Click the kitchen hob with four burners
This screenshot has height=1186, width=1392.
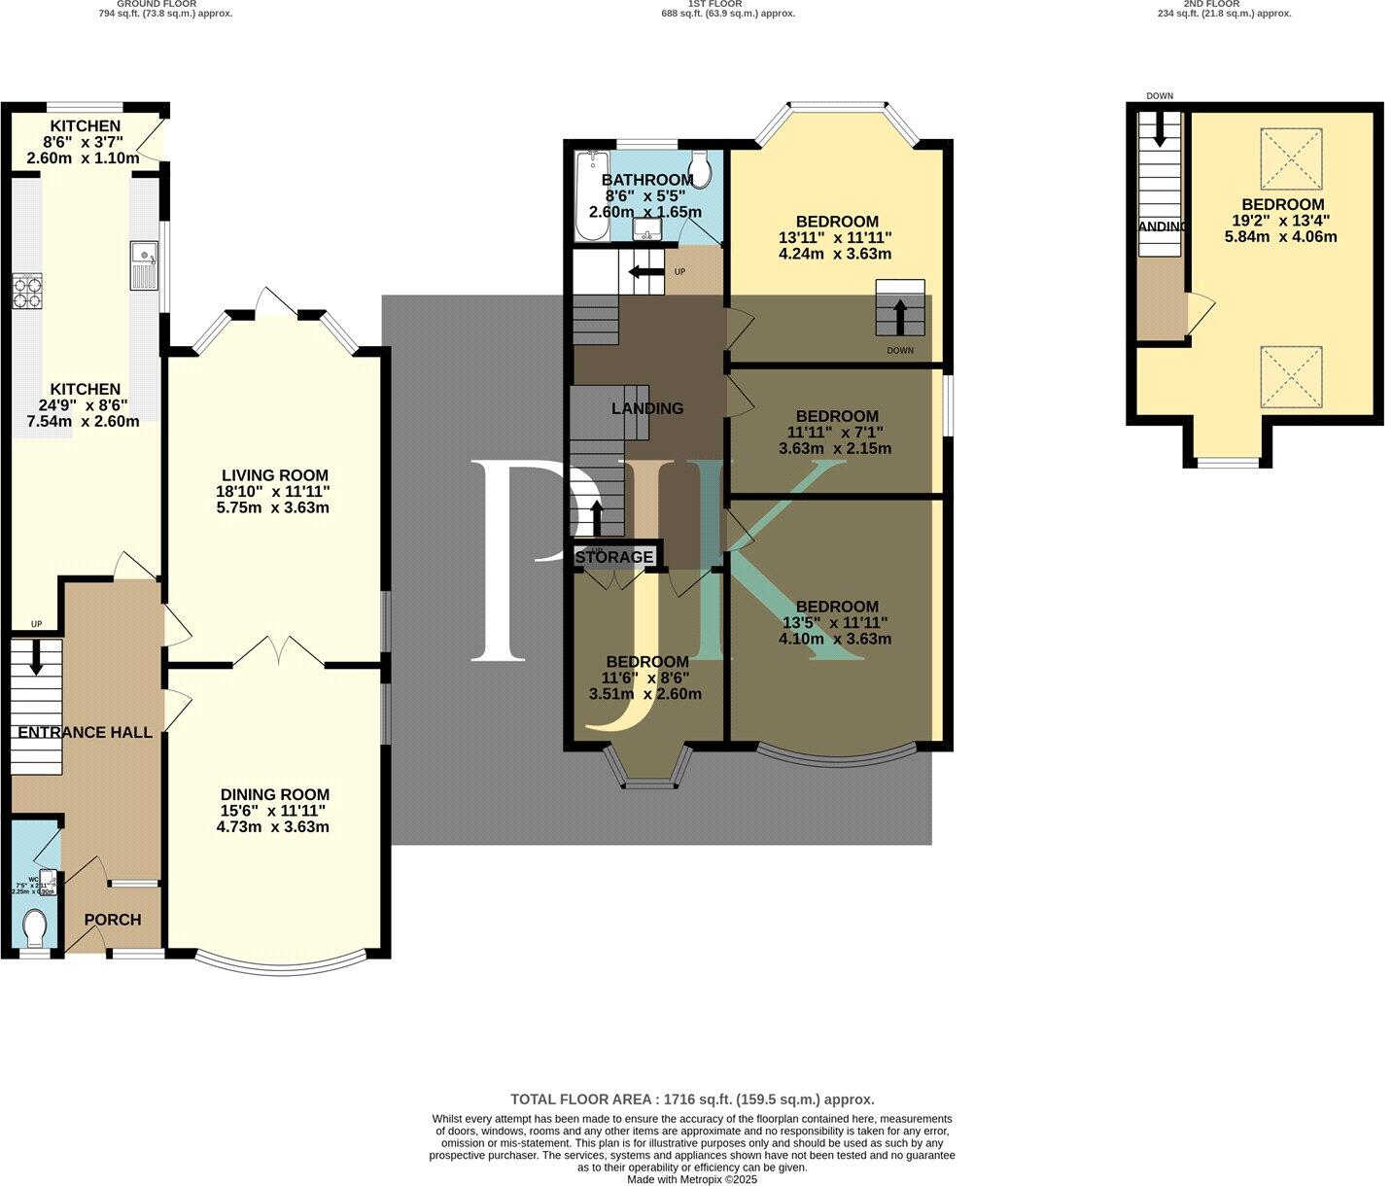tap(27, 292)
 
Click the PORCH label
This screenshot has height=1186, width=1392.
tap(113, 920)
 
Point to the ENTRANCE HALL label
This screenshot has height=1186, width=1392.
tap(86, 732)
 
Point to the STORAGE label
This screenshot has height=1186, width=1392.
tap(614, 557)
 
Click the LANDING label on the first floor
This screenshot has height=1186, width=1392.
tap(647, 408)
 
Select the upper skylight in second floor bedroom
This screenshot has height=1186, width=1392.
tap(1291, 158)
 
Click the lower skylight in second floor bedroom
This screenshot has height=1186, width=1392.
tap(1291, 377)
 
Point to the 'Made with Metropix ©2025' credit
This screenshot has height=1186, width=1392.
tap(692, 1179)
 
